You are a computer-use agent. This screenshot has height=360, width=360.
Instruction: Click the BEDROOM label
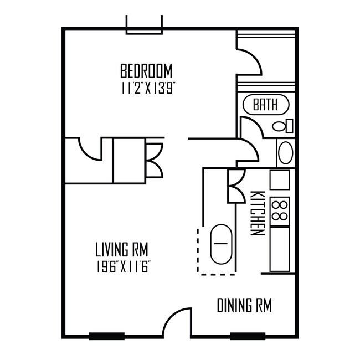(x=146, y=71)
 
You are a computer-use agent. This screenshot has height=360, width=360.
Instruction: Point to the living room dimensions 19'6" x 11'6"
(x=124, y=265)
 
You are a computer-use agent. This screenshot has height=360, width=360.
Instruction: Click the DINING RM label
(x=244, y=305)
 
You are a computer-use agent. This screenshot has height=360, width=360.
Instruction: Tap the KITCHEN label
(x=256, y=213)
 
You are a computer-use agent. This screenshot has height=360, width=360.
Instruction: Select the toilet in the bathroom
(x=282, y=126)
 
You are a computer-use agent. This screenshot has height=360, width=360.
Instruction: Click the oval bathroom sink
(x=285, y=152)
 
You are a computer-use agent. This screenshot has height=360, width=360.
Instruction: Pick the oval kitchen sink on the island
(x=221, y=243)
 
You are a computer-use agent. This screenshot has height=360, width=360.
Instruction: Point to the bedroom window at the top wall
(x=145, y=25)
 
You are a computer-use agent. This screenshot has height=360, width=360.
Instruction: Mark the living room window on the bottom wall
(x=106, y=335)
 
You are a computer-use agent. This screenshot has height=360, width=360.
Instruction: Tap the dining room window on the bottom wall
(x=246, y=335)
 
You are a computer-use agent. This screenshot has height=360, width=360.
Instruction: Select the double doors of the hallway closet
(x=154, y=160)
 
